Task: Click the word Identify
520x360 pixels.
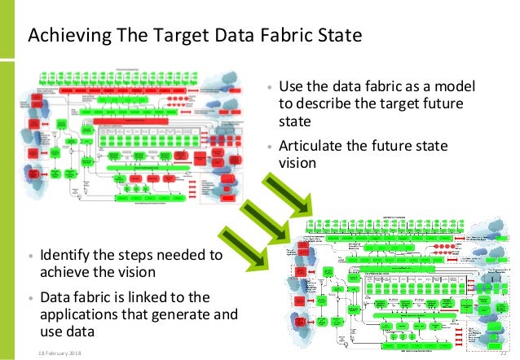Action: [68, 254]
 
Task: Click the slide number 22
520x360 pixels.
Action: [503, 352]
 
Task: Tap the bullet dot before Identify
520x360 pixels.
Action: [32, 255]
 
